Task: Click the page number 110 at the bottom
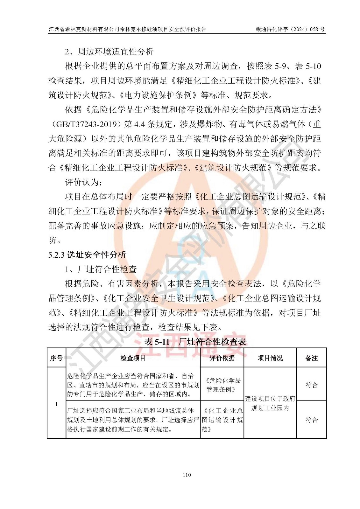(x=187, y=475)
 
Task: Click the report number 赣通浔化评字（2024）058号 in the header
(x=290, y=29)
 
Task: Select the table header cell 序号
(x=56, y=358)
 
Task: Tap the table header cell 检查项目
(x=133, y=358)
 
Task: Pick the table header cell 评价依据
(x=222, y=358)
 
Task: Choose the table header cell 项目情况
(x=270, y=358)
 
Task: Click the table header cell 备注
(x=311, y=358)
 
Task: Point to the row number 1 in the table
(x=57, y=404)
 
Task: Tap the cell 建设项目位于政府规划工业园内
(x=270, y=403)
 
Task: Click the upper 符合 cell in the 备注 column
(x=311, y=385)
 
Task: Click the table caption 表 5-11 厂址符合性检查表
(x=195, y=342)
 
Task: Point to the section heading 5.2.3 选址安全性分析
(x=87, y=255)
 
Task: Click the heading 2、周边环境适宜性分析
(x=109, y=52)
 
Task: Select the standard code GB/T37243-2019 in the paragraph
(x=89, y=124)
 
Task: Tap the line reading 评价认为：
(x=84, y=182)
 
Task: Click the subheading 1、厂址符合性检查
(x=101, y=269)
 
